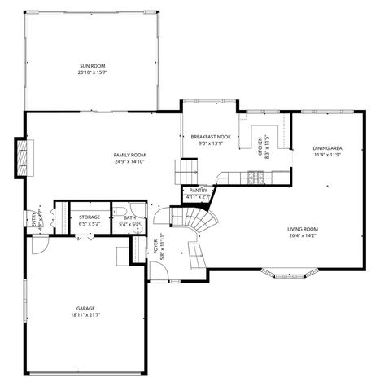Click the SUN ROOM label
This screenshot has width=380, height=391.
[x=92, y=65]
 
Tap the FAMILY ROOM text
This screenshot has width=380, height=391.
[x=129, y=154]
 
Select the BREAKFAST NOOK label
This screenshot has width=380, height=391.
[x=211, y=137]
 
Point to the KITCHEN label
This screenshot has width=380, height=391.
[x=260, y=147]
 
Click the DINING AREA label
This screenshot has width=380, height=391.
[x=327, y=147]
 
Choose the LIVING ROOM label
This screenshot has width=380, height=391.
[x=302, y=229]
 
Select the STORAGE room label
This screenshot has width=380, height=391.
[x=90, y=217]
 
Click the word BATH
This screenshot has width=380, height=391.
[x=129, y=217]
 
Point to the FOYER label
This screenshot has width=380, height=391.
[x=155, y=247]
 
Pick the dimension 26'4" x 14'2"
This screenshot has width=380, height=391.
[x=302, y=236]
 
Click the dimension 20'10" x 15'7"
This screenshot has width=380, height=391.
[x=92, y=72]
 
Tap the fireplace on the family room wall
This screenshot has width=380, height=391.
[x=22, y=156]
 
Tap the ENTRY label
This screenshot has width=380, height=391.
[x=34, y=221]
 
